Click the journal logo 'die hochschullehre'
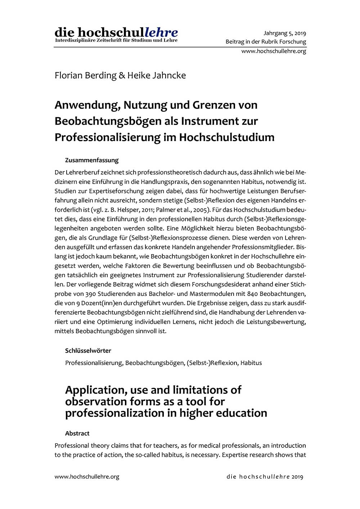116,32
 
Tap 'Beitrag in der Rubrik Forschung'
266,42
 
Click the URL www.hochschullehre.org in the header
274,51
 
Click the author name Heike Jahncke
157,76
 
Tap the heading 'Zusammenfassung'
92,160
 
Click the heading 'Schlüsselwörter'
88,350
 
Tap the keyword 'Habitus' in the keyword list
251,362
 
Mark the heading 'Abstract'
77,433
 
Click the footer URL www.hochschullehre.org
87,477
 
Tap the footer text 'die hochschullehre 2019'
265,477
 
